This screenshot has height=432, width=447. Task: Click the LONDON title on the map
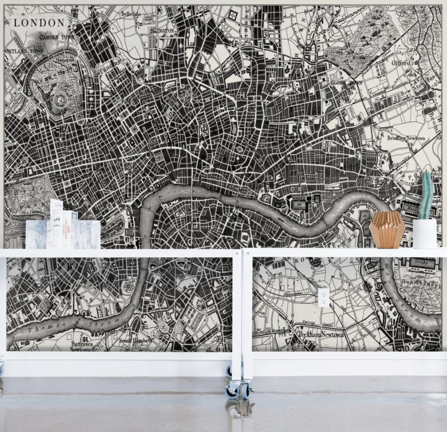(39, 23)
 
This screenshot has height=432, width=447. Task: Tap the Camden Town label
(56, 37)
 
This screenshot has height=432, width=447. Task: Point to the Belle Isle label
(131, 14)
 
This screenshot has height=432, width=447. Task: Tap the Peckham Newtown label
(321, 334)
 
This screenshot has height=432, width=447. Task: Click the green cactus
(426, 195)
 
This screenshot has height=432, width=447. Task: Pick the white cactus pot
(425, 234)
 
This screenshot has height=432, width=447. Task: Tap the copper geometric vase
(387, 230)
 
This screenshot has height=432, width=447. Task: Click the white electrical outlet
(323, 297)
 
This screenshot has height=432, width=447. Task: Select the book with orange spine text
(68, 228)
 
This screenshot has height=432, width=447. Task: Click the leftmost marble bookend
(36, 234)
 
